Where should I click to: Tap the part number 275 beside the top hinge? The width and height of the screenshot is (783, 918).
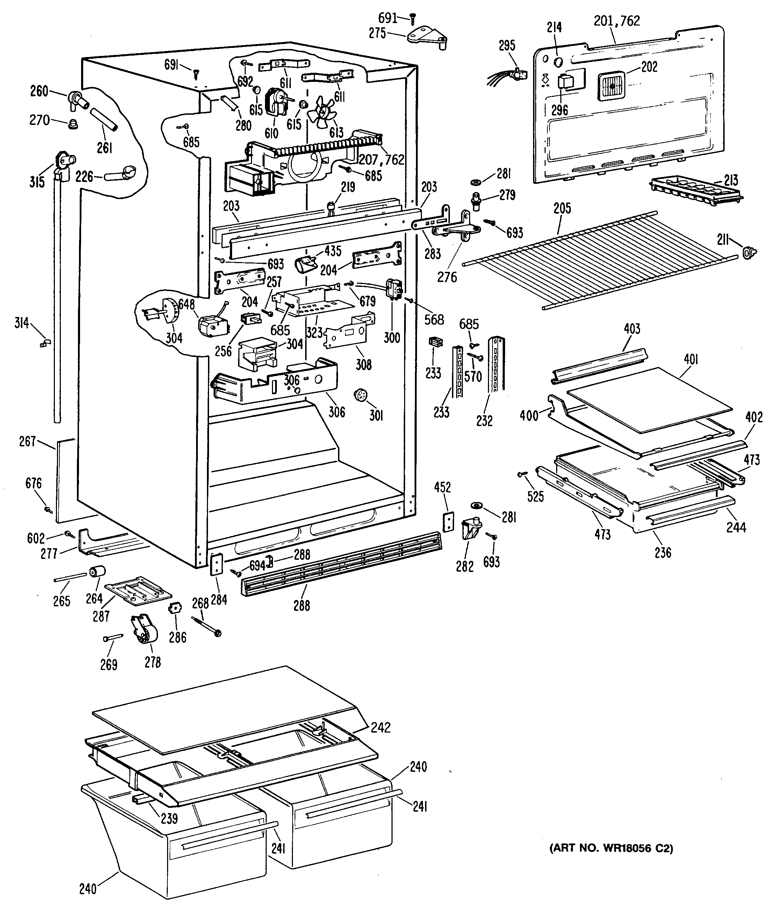[377, 34]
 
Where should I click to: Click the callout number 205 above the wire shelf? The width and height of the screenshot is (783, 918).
[562, 208]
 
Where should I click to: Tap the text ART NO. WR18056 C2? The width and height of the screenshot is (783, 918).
[611, 848]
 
